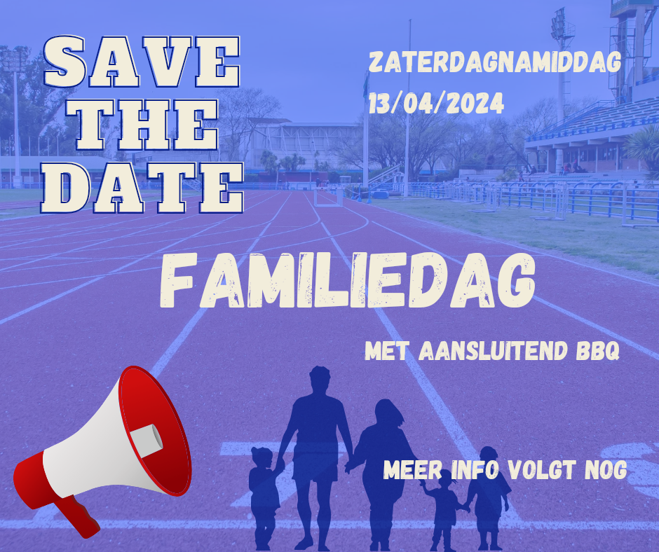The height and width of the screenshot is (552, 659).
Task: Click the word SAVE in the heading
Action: (142, 62)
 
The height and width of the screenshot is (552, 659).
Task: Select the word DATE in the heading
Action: (142, 187)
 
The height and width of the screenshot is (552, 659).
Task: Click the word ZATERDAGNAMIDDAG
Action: (495, 62)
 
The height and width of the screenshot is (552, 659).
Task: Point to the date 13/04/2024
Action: (436, 104)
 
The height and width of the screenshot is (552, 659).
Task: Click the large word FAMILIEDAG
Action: (347, 280)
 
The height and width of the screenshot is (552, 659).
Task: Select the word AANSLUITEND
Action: (494, 351)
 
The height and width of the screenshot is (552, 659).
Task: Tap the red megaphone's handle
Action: (78, 516)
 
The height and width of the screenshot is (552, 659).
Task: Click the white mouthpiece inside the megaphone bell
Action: (147, 441)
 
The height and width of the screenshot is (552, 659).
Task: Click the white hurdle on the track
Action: (328, 198)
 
